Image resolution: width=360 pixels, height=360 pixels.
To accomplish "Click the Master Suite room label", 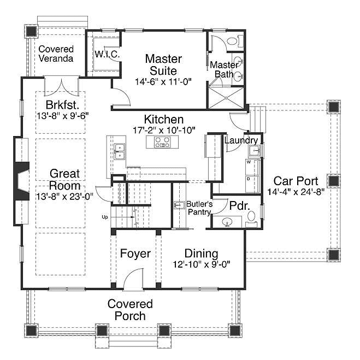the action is pos(163,64).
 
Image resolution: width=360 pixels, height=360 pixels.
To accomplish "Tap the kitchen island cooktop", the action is pos(162,142).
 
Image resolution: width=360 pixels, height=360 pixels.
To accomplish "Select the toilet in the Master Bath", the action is pos(235,42).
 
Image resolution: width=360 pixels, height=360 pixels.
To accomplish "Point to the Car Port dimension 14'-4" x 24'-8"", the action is pos(296,192).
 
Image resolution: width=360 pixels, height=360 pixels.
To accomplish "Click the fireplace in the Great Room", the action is pos(22,181).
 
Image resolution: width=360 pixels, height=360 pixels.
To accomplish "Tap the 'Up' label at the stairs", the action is pos(105,217).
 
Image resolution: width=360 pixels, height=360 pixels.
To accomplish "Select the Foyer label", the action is pos(135,253).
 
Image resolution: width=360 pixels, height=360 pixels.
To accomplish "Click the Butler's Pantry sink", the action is pos(179,205).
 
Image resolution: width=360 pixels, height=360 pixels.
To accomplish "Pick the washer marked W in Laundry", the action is pos(252,167).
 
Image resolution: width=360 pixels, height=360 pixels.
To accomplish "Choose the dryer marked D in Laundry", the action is pos(252,184).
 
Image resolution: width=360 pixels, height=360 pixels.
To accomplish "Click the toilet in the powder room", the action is pos(251,219).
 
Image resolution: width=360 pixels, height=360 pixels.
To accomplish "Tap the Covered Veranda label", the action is pos(56,54).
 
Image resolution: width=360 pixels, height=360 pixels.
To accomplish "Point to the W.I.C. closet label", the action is pos(107,55).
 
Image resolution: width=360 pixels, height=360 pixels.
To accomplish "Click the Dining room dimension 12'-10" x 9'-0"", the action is pos(202,264).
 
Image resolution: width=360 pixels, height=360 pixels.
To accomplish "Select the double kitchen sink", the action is pos(120,151).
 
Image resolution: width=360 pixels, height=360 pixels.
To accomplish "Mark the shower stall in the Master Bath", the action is pos(226,98).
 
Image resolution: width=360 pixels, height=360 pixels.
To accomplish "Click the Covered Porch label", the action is pos(130,310).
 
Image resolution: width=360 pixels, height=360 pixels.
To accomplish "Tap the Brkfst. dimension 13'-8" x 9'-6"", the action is pos(63,116).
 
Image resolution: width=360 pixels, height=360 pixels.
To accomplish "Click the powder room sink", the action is pos(227,222).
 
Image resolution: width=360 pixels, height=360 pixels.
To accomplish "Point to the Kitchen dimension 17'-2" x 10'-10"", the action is pos(164,130).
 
